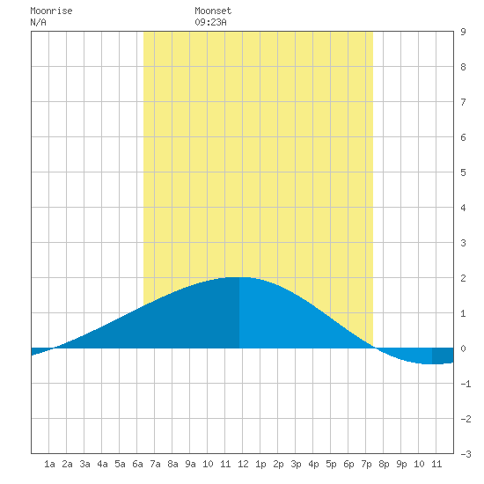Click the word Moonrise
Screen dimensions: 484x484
tap(51, 11)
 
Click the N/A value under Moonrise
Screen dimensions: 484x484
tap(38, 22)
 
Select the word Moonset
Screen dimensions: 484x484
tap(213, 11)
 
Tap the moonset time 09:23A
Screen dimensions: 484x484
tap(210, 22)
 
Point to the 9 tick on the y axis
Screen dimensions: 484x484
tap(463, 32)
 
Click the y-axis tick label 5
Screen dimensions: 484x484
tap(463, 172)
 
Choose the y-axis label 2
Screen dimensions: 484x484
tap(463, 278)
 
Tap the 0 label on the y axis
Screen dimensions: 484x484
tap(463, 348)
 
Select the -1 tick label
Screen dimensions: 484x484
tap(466, 384)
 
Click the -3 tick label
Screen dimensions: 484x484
tap(466, 454)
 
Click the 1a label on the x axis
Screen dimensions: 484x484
tap(49, 464)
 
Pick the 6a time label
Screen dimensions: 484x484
tap(137, 464)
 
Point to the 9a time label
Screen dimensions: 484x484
tap(190, 464)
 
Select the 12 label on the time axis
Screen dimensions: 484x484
tap(243, 464)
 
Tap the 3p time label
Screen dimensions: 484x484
tap(296, 464)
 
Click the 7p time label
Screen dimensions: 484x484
tap(366, 464)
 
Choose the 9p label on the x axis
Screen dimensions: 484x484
tap(401, 464)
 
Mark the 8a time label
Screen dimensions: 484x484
tap(172, 464)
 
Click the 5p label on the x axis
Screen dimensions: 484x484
tap(331, 464)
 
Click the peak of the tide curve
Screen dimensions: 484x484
tap(238, 277)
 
